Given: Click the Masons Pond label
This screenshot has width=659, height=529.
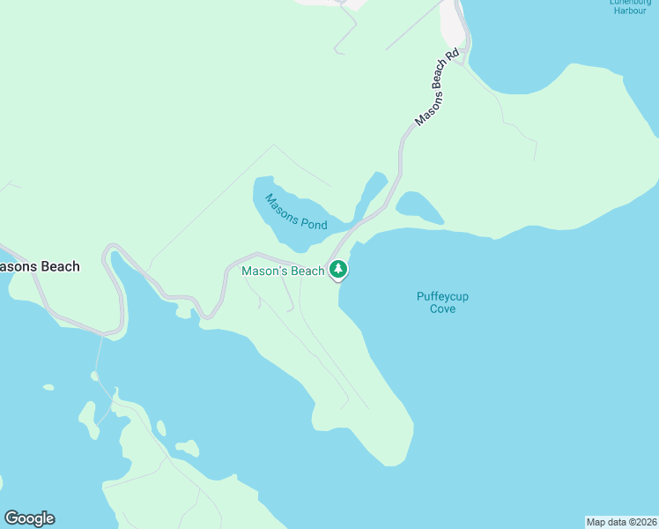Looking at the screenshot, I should coord(296,212).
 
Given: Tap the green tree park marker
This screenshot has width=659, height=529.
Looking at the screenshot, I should coord(337,269).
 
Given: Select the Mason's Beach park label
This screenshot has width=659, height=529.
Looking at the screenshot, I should coord(283,272).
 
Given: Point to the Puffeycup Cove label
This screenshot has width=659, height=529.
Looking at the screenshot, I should coord(442,302).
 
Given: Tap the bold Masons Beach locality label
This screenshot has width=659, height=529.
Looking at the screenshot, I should coord(39,266).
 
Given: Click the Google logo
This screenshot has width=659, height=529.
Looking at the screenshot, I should coord(29,518).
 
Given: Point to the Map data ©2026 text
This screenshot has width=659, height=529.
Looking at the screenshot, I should coord(621,521).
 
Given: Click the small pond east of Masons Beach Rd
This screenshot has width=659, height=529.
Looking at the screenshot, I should coord(418,208).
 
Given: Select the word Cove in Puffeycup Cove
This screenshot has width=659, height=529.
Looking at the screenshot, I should coord(442,309).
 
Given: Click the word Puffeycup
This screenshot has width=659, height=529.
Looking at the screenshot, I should coord(442,296).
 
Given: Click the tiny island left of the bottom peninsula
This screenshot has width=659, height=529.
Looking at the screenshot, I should coord(48,386).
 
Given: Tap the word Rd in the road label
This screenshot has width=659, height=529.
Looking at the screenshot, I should coord(453,56).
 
